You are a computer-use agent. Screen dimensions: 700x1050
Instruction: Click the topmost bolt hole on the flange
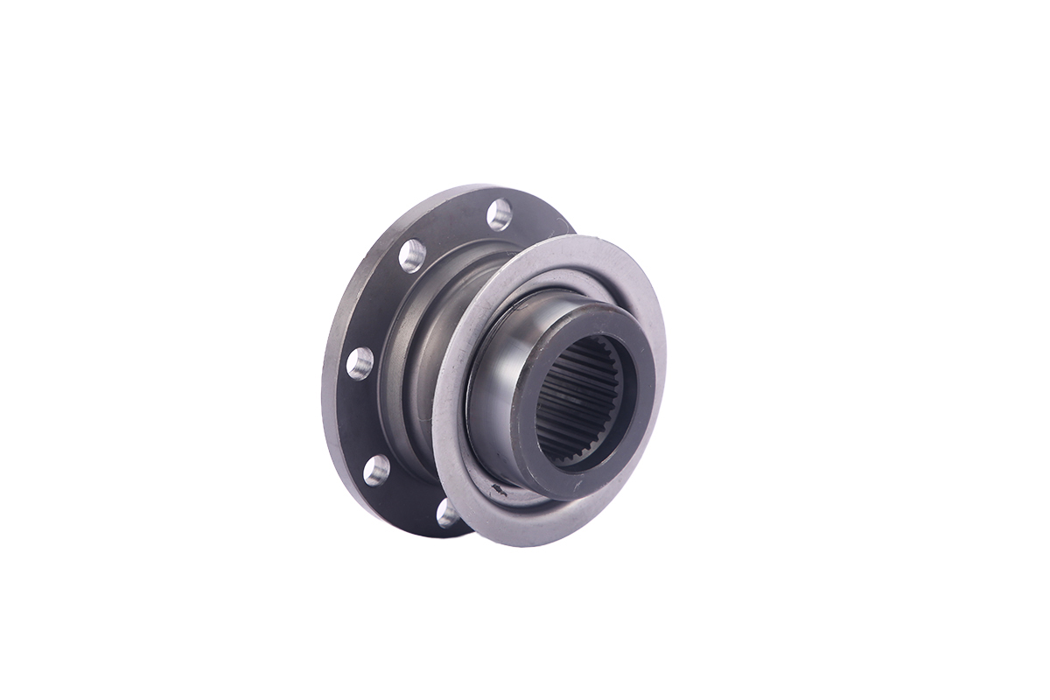tap(499, 213)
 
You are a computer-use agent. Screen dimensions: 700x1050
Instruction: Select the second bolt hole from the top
tap(412, 255)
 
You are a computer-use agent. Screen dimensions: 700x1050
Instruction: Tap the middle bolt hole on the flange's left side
tap(360, 362)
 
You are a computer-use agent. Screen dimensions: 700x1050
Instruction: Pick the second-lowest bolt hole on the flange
tap(376, 470)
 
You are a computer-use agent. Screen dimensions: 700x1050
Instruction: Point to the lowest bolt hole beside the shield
tap(447, 512)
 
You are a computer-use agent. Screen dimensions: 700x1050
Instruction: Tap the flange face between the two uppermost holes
tap(451, 229)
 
